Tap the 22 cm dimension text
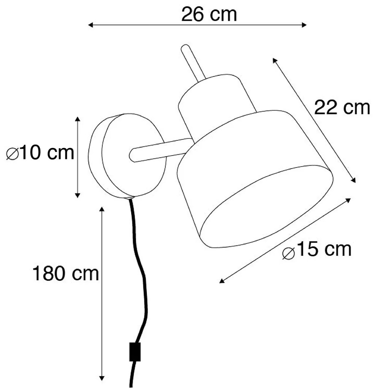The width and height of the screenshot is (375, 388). click(x=342, y=108)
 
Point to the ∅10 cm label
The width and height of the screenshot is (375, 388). click(x=40, y=153)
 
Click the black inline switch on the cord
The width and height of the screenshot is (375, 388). click(x=135, y=351)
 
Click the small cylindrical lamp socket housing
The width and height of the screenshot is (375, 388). click(x=215, y=99)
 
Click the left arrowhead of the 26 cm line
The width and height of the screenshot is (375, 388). click(x=90, y=25)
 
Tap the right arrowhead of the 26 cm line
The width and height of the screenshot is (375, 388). click(x=304, y=25)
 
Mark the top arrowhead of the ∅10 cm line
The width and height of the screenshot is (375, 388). click(x=78, y=119)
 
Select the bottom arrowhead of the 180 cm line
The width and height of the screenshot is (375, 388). click(x=102, y=379)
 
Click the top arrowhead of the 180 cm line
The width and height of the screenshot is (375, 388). click(x=102, y=209)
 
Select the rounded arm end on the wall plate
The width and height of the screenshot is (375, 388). click(x=133, y=155)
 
